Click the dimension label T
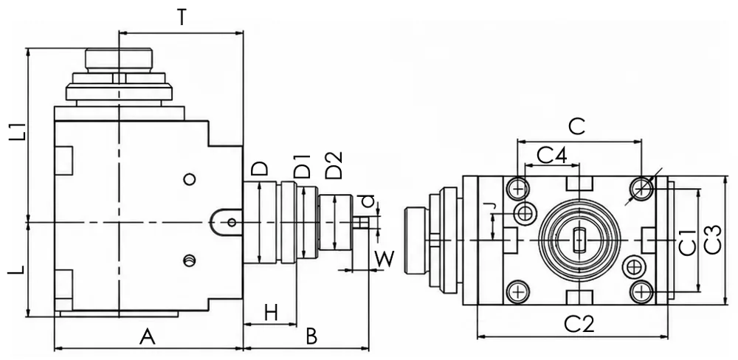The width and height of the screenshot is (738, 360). tap(182, 18)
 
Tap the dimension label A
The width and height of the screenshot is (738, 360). tap(148, 337)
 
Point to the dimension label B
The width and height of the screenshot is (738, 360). tap(311, 337)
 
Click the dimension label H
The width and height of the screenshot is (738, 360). tap(271, 313)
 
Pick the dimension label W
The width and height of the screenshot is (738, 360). tap(384, 259)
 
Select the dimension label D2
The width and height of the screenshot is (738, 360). tap(334, 165)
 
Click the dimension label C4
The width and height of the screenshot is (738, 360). tap(551, 155)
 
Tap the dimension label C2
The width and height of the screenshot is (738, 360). tap(579, 325)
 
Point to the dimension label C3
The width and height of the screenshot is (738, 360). tap(713, 240)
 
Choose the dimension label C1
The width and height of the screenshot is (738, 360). tap(688, 243)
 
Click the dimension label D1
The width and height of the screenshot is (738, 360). tap(302, 166)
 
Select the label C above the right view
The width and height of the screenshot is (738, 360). tap(576, 126)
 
